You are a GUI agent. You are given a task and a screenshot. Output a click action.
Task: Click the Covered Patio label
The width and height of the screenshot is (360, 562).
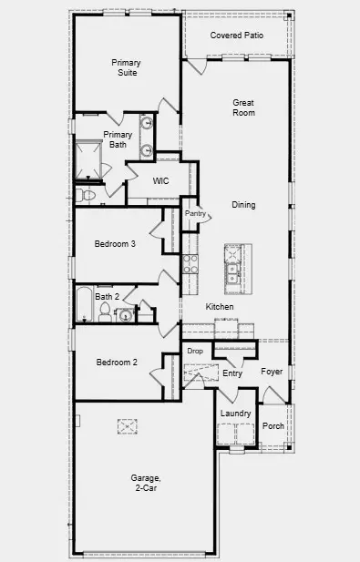[x=236, y=35]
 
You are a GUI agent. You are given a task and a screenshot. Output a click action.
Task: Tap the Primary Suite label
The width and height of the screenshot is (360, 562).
[x=126, y=67]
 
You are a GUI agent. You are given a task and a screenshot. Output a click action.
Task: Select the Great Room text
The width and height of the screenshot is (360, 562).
[x=242, y=107]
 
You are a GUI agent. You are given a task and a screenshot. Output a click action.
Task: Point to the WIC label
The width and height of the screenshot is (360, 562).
[x=160, y=180]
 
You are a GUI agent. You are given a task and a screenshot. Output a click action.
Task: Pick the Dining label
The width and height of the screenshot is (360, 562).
[x=243, y=205]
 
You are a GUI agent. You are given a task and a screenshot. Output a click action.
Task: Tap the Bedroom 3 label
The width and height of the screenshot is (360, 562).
[x=115, y=243]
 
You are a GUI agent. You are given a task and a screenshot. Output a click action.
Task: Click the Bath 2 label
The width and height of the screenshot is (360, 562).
[x=108, y=296]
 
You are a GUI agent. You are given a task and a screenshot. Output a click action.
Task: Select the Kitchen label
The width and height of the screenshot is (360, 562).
[x=220, y=307]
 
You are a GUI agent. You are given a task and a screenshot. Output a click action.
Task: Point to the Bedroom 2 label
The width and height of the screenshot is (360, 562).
[x=116, y=362]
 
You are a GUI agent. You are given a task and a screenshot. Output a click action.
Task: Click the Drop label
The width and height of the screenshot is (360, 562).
[x=195, y=351]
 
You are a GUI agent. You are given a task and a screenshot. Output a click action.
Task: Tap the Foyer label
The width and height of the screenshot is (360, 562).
[x=272, y=372]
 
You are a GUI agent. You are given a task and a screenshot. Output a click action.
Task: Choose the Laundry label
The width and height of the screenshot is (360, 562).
[x=235, y=414]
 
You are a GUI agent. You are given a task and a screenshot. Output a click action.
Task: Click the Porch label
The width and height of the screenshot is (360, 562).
[x=273, y=425]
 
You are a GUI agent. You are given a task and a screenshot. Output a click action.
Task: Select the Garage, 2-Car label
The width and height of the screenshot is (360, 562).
[x=145, y=483]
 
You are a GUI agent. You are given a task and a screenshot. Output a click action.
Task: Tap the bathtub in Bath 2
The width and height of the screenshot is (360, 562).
[x=83, y=304]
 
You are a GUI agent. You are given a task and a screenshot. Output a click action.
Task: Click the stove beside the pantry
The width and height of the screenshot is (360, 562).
[x=190, y=264]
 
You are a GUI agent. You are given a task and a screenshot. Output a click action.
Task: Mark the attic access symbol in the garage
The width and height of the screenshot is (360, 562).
[x=127, y=426]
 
